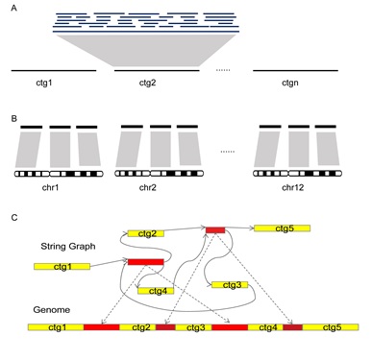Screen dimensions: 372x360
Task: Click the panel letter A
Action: pyautogui.click(x=13, y=9)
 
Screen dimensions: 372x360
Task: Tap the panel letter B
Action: pyautogui.click(x=13, y=119)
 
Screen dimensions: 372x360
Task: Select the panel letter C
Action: pyautogui.click(x=14, y=218)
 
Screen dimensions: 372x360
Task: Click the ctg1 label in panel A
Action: pyautogui.click(x=44, y=83)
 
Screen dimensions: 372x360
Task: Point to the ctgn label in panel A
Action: pyautogui.click(x=290, y=83)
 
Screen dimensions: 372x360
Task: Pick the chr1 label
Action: pyautogui.click(x=50, y=187)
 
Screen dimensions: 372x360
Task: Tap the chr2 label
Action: pyautogui.click(x=148, y=187)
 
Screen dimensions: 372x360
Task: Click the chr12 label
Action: pyautogui.click(x=292, y=187)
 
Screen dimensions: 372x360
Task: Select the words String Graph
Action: pyautogui.click(x=68, y=247)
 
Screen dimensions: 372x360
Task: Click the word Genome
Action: pyautogui.click(x=52, y=310)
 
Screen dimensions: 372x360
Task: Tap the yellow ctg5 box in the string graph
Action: pyautogui.click(x=282, y=228)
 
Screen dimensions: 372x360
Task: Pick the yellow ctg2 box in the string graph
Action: pyautogui.click(x=146, y=233)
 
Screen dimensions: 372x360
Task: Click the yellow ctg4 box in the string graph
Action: pyautogui.click(x=156, y=291)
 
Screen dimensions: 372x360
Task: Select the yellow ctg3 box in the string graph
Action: pyautogui.click(x=230, y=285)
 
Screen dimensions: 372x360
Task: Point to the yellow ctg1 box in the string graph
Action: pyautogui.click(x=62, y=266)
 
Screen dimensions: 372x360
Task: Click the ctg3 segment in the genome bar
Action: pyautogui.click(x=193, y=327)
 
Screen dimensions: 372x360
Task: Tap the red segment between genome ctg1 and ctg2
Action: pyautogui.click(x=102, y=327)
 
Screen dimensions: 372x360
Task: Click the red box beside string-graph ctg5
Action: pyautogui.click(x=215, y=230)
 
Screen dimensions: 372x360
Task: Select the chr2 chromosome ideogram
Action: pyautogui.click(x=159, y=174)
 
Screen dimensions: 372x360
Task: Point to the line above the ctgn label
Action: pyautogui.click(x=295, y=70)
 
